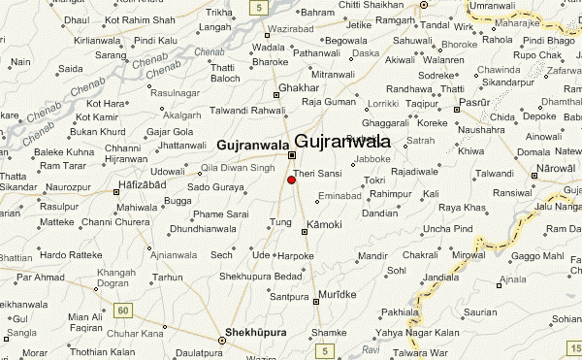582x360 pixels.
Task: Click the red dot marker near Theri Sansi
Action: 291,180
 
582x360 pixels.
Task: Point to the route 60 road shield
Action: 122,311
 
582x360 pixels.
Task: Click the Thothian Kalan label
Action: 101,351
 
